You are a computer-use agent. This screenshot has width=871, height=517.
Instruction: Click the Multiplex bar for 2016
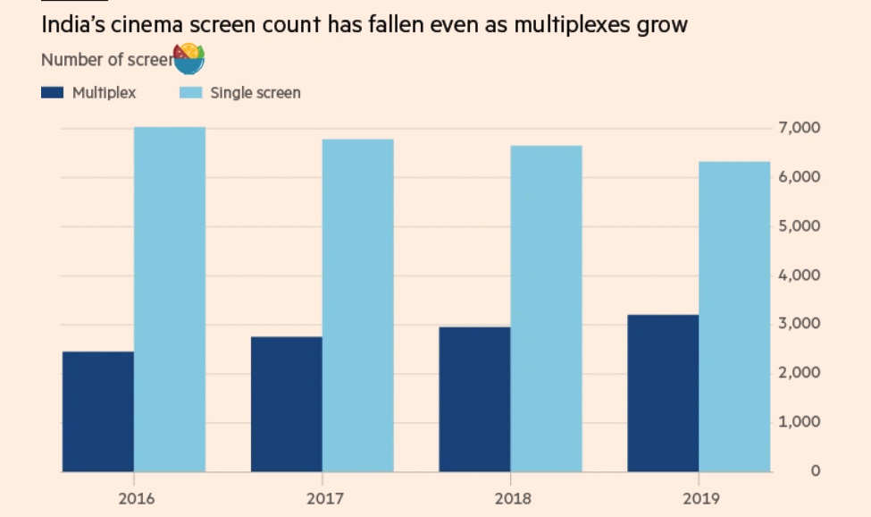(x=98, y=411)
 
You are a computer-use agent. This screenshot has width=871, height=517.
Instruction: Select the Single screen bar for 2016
(x=170, y=299)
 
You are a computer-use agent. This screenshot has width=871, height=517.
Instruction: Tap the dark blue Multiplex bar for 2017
(x=286, y=403)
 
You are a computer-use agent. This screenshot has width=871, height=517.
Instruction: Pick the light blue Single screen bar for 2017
(x=358, y=305)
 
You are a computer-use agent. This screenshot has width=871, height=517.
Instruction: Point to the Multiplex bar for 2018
(x=474, y=399)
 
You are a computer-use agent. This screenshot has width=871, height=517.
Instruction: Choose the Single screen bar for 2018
(x=547, y=309)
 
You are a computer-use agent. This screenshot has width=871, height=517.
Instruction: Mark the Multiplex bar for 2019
(x=663, y=393)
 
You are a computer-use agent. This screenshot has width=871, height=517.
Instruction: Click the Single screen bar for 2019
(x=734, y=317)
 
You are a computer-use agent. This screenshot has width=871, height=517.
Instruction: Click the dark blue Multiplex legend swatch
(x=53, y=92)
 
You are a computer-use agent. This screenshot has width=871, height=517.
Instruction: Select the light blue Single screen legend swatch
(x=191, y=92)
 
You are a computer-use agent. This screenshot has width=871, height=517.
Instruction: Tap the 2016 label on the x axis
(x=136, y=498)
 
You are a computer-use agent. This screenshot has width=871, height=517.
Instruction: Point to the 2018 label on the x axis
(x=512, y=498)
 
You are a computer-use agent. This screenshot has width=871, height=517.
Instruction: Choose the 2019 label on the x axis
(x=699, y=498)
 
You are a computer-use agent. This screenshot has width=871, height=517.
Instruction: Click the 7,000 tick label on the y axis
(x=800, y=129)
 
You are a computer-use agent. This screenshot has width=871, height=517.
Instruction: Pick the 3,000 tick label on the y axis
(x=800, y=324)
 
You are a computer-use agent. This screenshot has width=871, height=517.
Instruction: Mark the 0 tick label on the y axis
(x=815, y=470)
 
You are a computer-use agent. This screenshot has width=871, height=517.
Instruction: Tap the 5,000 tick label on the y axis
(x=800, y=226)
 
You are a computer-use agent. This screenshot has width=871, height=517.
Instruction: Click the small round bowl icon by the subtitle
(x=188, y=58)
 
